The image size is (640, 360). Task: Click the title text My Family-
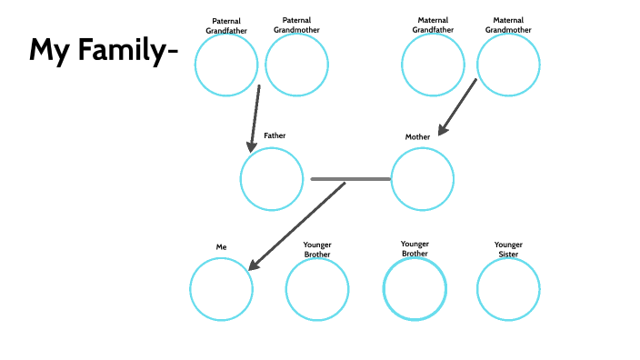click(x=103, y=50)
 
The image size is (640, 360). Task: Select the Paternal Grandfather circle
click(x=227, y=65)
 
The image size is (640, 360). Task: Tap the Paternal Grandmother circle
click(x=296, y=65)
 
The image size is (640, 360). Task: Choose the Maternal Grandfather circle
click(x=433, y=65)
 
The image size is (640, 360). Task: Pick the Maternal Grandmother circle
click(x=509, y=65)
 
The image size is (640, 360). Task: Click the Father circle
click(x=272, y=179)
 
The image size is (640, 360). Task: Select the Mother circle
click(x=422, y=179)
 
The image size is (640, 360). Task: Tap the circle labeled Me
click(x=221, y=289)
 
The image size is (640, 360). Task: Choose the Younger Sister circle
click(x=508, y=289)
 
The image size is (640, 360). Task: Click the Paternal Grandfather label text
click(x=226, y=25)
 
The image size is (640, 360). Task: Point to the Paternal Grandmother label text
click(x=296, y=25)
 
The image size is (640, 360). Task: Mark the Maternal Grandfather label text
click(x=433, y=25)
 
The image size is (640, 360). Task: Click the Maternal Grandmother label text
click(x=508, y=25)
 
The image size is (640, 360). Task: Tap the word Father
click(x=275, y=135)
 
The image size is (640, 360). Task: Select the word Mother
click(x=417, y=136)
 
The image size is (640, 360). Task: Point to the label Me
click(x=221, y=246)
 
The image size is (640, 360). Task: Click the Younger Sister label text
click(x=508, y=249)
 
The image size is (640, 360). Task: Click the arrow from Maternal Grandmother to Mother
click(x=458, y=107)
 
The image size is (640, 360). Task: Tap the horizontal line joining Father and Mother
click(x=351, y=179)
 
